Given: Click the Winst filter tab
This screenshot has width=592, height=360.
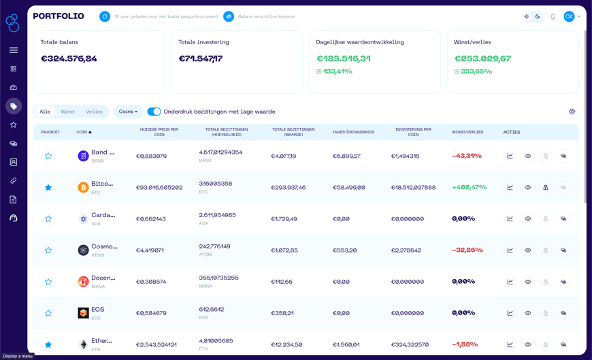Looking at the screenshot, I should pyautogui.click(x=67, y=112).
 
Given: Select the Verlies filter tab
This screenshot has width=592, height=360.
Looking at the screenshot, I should pyautogui.click(x=94, y=112).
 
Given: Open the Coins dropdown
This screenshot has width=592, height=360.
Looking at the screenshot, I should pyautogui.click(x=128, y=112).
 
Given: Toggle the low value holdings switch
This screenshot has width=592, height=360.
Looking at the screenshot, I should pyautogui.click(x=154, y=112).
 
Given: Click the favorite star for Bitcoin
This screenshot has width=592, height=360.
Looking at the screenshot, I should pyautogui.click(x=48, y=187).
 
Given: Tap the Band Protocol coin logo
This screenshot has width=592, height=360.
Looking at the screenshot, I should pyautogui.click(x=83, y=156).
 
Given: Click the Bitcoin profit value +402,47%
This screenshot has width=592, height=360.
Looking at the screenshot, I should pyautogui.click(x=469, y=187).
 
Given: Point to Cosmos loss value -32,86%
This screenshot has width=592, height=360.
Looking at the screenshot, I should pyautogui.click(x=467, y=250).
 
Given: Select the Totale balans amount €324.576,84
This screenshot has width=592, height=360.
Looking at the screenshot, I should pyautogui.click(x=69, y=59).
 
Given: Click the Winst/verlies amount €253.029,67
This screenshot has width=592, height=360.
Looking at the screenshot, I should pyautogui.click(x=482, y=59).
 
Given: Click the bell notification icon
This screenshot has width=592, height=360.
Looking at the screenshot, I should pyautogui.click(x=553, y=16).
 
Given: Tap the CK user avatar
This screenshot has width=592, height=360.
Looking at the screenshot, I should pyautogui.click(x=569, y=16).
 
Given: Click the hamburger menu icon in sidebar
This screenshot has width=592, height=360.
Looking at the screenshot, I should pyautogui.click(x=14, y=50).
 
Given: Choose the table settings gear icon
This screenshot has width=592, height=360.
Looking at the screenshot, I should pyautogui.click(x=572, y=112).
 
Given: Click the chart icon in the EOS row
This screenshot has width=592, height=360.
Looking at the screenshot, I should pyautogui.click(x=510, y=313).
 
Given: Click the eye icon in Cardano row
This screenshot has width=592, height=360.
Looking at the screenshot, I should pyautogui.click(x=527, y=218).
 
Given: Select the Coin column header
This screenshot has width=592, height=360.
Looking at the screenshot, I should pyautogui.click(x=83, y=132).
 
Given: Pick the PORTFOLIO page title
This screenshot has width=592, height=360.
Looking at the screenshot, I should pyautogui.click(x=59, y=16).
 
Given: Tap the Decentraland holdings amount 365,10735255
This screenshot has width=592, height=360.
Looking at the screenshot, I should pyautogui.click(x=218, y=278).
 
